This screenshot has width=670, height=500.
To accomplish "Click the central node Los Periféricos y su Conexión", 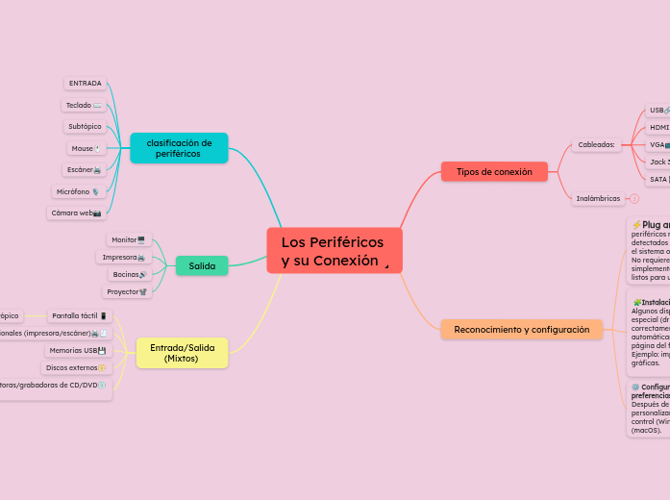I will pos(334,251).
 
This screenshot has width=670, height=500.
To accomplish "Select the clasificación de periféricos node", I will pos(179,148).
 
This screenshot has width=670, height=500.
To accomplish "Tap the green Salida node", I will pos(202,265).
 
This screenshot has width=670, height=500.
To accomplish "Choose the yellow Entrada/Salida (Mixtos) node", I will pos(182,353).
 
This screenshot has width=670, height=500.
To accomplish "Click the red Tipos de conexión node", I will pos(494,171).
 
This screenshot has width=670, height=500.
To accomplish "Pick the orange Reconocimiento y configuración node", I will pos(521,329).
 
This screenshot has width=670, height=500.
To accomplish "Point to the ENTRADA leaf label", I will pos(86,84).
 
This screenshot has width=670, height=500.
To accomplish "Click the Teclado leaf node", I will pos(84,105).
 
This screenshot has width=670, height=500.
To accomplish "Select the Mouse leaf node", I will pos(86,148).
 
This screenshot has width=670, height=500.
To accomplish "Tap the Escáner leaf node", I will pos(84,169).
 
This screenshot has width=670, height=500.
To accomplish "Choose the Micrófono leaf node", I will pos(78,191).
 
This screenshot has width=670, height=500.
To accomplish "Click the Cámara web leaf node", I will pos(76,212).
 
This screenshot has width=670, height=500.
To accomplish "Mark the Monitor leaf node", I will pos(128,239).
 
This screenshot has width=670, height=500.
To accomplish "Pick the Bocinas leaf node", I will pos(130,274).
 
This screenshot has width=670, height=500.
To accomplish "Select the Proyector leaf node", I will pos(127,291).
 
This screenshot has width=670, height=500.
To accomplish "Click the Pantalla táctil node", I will pos(80,315).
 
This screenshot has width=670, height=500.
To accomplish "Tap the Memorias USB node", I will pos(77,350).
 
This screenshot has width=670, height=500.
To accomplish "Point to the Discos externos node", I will pos(76,367).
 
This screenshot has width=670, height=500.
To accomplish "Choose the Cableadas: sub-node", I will pos(596,145).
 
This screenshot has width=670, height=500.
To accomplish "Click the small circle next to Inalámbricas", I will pos(634,199).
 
